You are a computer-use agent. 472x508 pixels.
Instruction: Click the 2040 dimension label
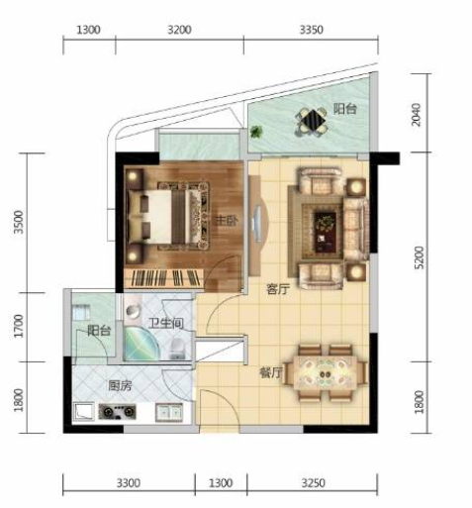click(417, 115)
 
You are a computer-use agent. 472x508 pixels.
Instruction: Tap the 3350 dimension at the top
click(311, 30)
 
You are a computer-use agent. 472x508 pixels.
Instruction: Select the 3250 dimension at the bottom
click(313, 483)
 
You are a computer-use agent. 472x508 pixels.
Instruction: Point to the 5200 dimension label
click(419, 257)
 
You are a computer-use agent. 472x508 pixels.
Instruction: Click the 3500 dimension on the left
click(19, 222)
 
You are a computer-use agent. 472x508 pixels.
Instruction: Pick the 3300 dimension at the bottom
click(129, 483)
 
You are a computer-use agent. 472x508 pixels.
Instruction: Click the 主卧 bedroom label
click(227, 221)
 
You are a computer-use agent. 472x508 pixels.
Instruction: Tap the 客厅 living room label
click(278, 289)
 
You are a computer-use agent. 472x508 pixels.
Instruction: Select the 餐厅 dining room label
click(271, 373)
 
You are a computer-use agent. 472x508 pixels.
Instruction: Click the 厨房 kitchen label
click(120, 385)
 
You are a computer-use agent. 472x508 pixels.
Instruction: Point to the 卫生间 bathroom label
click(166, 323)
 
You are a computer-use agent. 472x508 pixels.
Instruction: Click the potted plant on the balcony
click(256, 132)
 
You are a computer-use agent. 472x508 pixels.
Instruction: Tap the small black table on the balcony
click(313, 120)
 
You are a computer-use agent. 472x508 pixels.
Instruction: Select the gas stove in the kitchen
click(117, 412)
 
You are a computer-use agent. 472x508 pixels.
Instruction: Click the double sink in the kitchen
click(169, 412)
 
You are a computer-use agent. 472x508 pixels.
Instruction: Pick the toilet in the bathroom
click(177, 349)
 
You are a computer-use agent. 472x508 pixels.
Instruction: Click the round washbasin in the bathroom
click(134, 311)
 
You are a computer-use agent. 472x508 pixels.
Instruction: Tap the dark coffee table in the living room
click(325, 232)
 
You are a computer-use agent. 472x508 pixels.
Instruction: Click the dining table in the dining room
click(326, 373)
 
